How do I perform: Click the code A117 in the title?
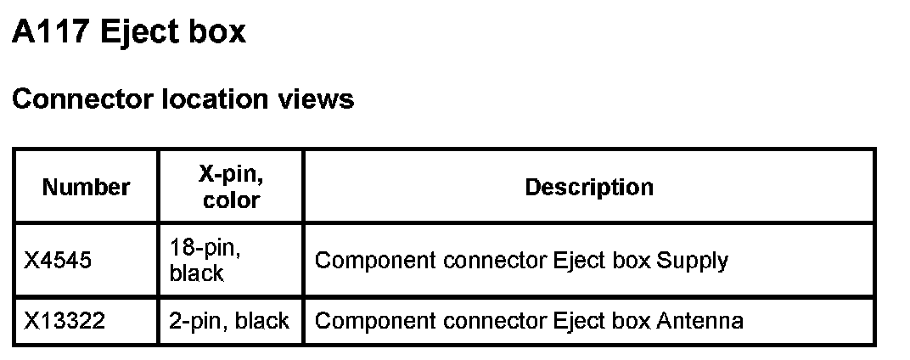50,32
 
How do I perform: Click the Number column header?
86,187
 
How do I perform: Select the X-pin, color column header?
231,187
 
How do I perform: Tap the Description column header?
589,187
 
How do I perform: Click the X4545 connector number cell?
58,260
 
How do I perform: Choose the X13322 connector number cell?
63,321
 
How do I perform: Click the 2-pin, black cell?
230,321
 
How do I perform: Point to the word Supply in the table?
693,260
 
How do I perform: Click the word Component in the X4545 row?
362,260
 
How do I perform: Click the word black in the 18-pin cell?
196,273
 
